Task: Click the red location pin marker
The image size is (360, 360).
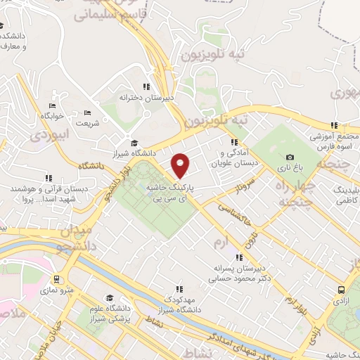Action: click(181, 165)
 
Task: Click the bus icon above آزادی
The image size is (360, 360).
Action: click(341, 289)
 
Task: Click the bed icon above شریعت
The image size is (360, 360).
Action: click(88, 112)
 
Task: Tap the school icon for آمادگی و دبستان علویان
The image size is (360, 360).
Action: click(225, 143)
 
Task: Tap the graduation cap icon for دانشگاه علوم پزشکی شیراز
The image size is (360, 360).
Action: click(109, 297)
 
